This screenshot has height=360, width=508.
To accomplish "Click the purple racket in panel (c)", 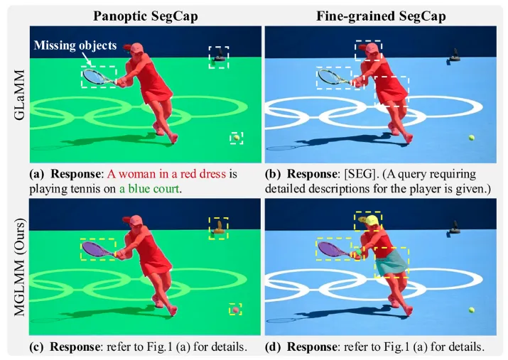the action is tap(96, 248).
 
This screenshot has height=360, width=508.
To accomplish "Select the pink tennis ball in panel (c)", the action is tap(235, 309).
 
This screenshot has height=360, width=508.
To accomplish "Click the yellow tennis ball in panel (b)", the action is tap(470, 137).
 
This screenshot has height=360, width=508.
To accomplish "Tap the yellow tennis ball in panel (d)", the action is tap(470, 309).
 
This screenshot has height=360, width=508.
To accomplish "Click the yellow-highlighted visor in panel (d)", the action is tap(369, 222).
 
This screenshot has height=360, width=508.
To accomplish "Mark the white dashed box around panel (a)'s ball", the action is tap(236, 137).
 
